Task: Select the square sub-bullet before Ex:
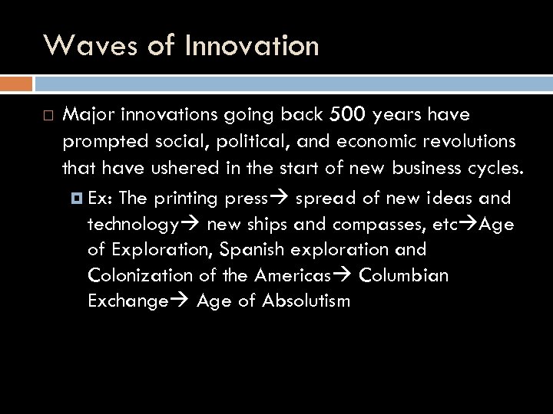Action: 76,199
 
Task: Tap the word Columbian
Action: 404,275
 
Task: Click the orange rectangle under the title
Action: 16,83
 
